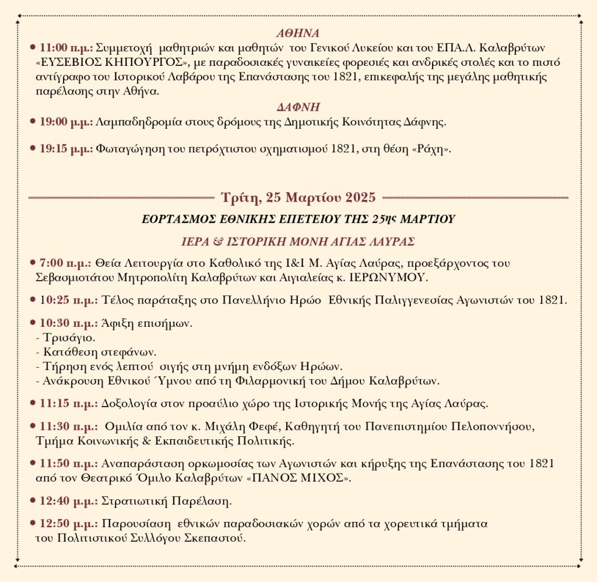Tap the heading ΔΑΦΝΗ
pyautogui.click(x=298, y=107)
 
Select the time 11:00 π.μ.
pyautogui.click(x=66, y=46)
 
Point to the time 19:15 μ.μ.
pyautogui.click(x=66, y=149)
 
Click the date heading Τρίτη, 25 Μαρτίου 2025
pyautogui.click(x=298, y=197)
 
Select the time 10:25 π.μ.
pyautogui.click(x=66, y=300)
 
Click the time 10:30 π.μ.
pyautogui.click(x=66, y=323)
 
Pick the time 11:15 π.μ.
pyautogui.click(x=66, y=403)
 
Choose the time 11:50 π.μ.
pyautogui.click(x=66, y=464)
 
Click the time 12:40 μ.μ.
pyautogui.click(x=66, y=501)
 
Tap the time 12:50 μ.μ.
pyautogui.click(x=66, y=524)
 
